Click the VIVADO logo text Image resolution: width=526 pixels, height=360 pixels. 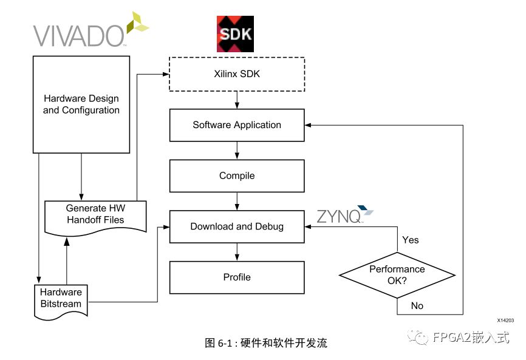click(x=79, y=35)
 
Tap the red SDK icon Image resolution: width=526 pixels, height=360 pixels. click(x=235, y=34)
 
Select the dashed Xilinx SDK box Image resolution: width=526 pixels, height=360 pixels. click(x=236, y=74)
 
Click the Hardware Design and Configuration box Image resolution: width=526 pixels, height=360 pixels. click(x=81, y=104)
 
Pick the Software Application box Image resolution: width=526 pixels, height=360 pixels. click(x=237, y=125)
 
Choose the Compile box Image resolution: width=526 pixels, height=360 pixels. click(x=237, y=176)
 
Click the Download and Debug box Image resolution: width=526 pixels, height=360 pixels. click(x=237, y=226)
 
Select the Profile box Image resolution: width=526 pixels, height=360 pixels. click(x=237, y=277)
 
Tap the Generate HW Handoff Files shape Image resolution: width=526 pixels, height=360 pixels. click(x=95, y=214)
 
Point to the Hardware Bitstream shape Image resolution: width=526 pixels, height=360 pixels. click(x=61, y=298)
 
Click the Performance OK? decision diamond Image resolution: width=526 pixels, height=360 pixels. click(x=397, y=274)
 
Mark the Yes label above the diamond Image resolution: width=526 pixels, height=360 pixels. click(x=411, y=240)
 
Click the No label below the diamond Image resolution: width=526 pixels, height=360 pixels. click(x=417, y=306)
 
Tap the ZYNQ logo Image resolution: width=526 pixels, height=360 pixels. click(x=343, y=216)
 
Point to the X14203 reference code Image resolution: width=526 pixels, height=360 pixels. click(x=505, y=320)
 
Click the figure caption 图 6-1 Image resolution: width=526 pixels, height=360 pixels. click(x=265, y=343)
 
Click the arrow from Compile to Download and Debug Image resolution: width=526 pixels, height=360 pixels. click(x=237, y=201)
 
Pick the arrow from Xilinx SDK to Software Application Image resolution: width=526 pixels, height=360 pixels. click(x=237, y=100)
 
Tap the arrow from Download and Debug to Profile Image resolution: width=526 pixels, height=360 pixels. click(x=237, y=252)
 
